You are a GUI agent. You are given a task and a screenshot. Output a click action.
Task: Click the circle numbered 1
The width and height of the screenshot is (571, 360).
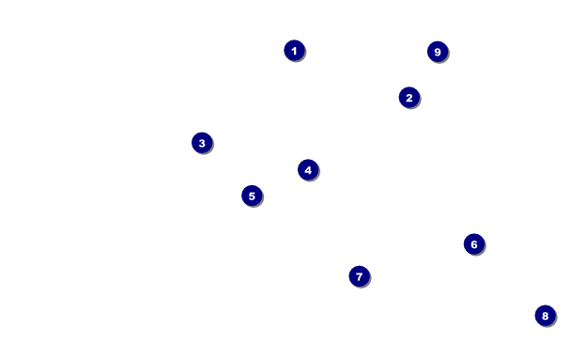(294, 51)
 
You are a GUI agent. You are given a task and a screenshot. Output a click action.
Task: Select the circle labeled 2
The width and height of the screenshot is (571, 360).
(409, 98)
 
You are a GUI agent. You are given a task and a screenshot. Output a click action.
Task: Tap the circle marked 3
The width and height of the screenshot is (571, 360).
(202, 143)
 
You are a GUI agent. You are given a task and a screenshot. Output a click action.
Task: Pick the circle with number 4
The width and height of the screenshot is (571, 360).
(308, 170)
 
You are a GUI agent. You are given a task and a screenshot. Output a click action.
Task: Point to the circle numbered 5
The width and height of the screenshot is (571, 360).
(252, 196)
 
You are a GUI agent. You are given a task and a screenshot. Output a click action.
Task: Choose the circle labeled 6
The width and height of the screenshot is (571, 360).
(474, 244)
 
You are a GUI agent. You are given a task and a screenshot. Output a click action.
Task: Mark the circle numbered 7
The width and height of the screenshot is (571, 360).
(360, 276)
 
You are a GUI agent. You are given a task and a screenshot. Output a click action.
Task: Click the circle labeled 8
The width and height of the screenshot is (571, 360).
(546, 316)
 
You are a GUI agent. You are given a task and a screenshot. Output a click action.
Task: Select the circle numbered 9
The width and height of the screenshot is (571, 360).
(438, 52)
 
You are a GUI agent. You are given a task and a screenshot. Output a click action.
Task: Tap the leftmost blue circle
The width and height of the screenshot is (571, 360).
(202, 143)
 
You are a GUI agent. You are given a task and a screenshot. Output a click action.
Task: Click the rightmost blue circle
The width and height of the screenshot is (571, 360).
(546, 316)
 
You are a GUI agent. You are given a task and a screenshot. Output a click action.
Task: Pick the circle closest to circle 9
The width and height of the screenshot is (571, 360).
(409, 98)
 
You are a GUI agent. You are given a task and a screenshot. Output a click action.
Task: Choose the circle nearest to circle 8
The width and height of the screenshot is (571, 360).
(474, 244)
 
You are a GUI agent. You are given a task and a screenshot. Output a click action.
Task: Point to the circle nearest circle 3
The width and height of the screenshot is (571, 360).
(252, 196)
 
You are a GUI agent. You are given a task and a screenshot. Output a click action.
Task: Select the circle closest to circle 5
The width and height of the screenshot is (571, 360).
(308, 170)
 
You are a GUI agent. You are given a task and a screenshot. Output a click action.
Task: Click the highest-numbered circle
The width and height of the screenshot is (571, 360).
(438, 52)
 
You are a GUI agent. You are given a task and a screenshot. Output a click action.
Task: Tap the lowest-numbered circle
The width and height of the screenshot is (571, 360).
(294, 51)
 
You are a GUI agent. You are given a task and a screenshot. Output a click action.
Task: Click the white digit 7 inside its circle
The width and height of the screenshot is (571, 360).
(360, 277)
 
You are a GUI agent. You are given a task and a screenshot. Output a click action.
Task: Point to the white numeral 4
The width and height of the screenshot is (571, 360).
(308, 170)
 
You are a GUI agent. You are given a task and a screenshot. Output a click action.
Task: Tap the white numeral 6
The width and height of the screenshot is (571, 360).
(474, 244)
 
